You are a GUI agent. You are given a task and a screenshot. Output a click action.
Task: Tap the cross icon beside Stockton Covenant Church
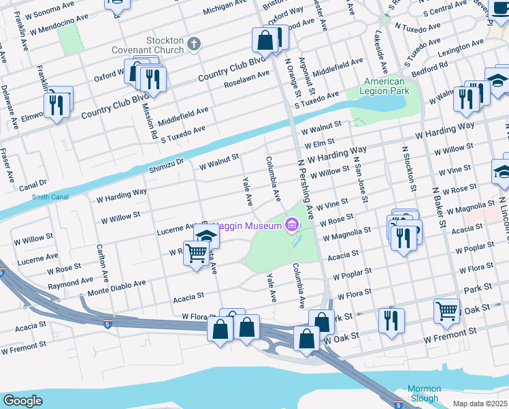tap(195, 44)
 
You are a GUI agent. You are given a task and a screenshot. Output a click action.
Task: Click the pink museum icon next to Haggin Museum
tap(291, 225)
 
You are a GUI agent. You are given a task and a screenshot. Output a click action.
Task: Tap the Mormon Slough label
tap(424, 393)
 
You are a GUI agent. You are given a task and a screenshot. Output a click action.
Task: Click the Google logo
tap(22, 401)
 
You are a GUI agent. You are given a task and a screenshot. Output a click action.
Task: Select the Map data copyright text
tap(483, 403)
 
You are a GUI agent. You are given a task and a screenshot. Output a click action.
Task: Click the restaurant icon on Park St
tap(391, 320)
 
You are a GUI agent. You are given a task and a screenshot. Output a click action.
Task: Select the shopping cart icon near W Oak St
tap(447, 311)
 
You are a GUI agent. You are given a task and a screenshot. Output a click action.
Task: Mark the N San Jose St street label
tap(360, 179)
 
